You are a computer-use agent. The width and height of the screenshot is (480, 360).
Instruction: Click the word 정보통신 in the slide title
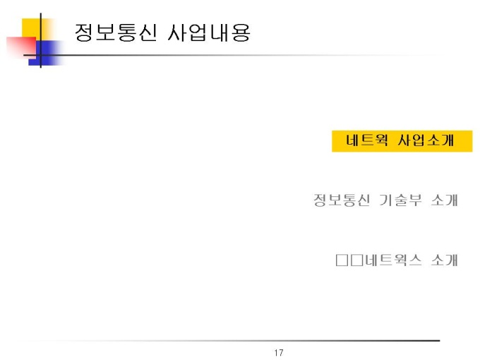[x=116, y=32]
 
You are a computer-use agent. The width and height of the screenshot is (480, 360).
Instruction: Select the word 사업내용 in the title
[x=209, y=32]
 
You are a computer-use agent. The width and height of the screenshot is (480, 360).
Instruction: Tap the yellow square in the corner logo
[x=36, y=29]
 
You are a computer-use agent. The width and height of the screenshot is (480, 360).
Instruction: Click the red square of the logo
[x=21, y=47]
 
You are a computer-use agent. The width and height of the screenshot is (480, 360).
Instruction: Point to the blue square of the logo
[x=46, y=53]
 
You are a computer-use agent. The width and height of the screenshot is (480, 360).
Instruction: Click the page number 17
[x=279, y=353]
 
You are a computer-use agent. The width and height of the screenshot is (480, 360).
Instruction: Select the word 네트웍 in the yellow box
[x=367, y=140]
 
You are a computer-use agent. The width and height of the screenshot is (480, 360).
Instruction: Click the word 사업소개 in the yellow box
[x=426, y=140]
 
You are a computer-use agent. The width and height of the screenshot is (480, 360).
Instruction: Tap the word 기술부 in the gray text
[x=400, y=200]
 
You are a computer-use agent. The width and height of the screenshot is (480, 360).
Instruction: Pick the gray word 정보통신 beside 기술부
[x=342, y=200]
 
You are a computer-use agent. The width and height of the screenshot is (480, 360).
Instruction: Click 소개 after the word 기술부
[x=444, y=200]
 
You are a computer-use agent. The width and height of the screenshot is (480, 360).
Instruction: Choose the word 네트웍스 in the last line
[x=393, y=260]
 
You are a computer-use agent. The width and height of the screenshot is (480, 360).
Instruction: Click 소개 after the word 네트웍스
[x=444, y=260]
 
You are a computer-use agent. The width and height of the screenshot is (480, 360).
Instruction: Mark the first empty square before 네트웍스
[x=342, y=260]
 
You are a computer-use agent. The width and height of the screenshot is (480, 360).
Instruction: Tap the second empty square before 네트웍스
[x=357, y=260]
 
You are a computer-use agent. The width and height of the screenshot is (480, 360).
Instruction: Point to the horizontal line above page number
[x=233, y=340]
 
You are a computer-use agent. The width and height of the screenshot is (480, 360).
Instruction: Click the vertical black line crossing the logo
[x=41, y=40]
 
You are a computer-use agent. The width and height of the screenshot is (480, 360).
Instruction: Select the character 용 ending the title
[x=241, y=32]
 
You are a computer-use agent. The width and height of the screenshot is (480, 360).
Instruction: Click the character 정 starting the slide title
[x=84, y=32]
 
